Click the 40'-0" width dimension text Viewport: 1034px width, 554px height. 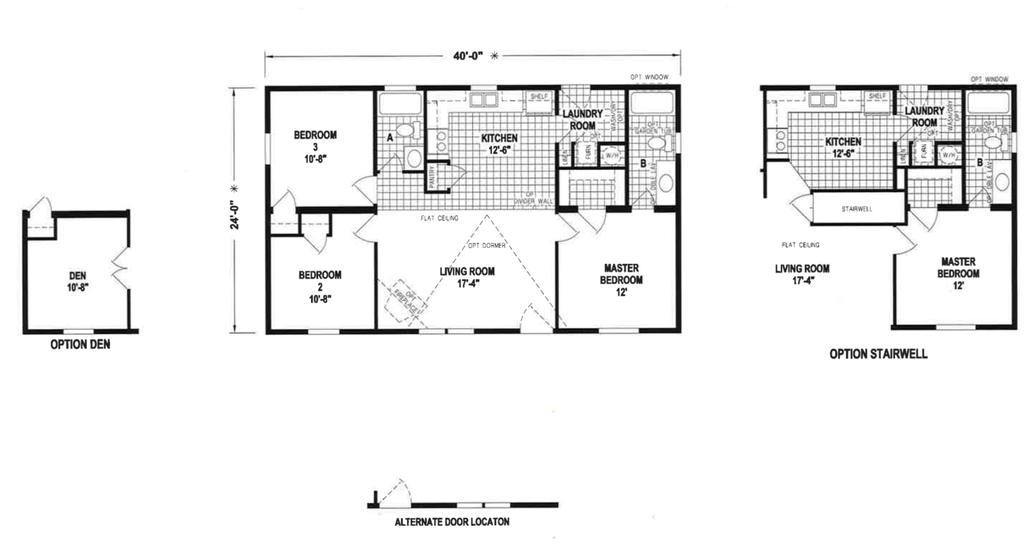pyautogui.click(x=468, y=55)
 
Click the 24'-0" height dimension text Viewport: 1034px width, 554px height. pyautogui.click(x=235, y=215)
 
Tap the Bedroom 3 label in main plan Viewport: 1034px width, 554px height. pyautogui.click(x=315, y=146)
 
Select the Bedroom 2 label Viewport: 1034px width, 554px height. pyautogui.click(x=320, y=286)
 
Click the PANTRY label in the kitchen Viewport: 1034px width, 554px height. pyautogui.click(x=432, y=176)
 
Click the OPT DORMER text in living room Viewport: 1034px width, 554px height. pyautogui.click(x=486, y=246)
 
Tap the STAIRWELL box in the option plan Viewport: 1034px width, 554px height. pyautogui.click(x=857, y=209)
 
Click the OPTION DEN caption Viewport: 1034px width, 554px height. pyautogui.click(x=80, y=345)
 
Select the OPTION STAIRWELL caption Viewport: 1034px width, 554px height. pyautogui.click(x=878, y=354)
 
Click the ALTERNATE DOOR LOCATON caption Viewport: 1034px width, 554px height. pyautogui.click(x=452, y=522)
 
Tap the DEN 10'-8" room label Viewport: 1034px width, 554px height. pyautogui.click(x=78, y=282)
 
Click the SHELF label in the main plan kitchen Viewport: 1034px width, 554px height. pyautogui.click(x=539, y=96)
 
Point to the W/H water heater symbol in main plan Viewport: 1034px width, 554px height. pyautogui.click(x=611, y=156)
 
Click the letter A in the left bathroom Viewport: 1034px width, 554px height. pyautogui.click(x=390, y=138)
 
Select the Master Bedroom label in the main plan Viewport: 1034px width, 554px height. pyautogui.click(x=621, y=280)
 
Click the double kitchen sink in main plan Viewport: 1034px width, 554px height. pyautogui.click(x=483, y=100)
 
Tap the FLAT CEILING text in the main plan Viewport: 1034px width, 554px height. pyautogui.click(x=439, y=218)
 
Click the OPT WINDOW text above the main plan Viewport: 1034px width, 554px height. pyautogui.click(x=649, y=77)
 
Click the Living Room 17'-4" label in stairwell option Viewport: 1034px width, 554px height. pyautogui.click(x=802, y=274)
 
